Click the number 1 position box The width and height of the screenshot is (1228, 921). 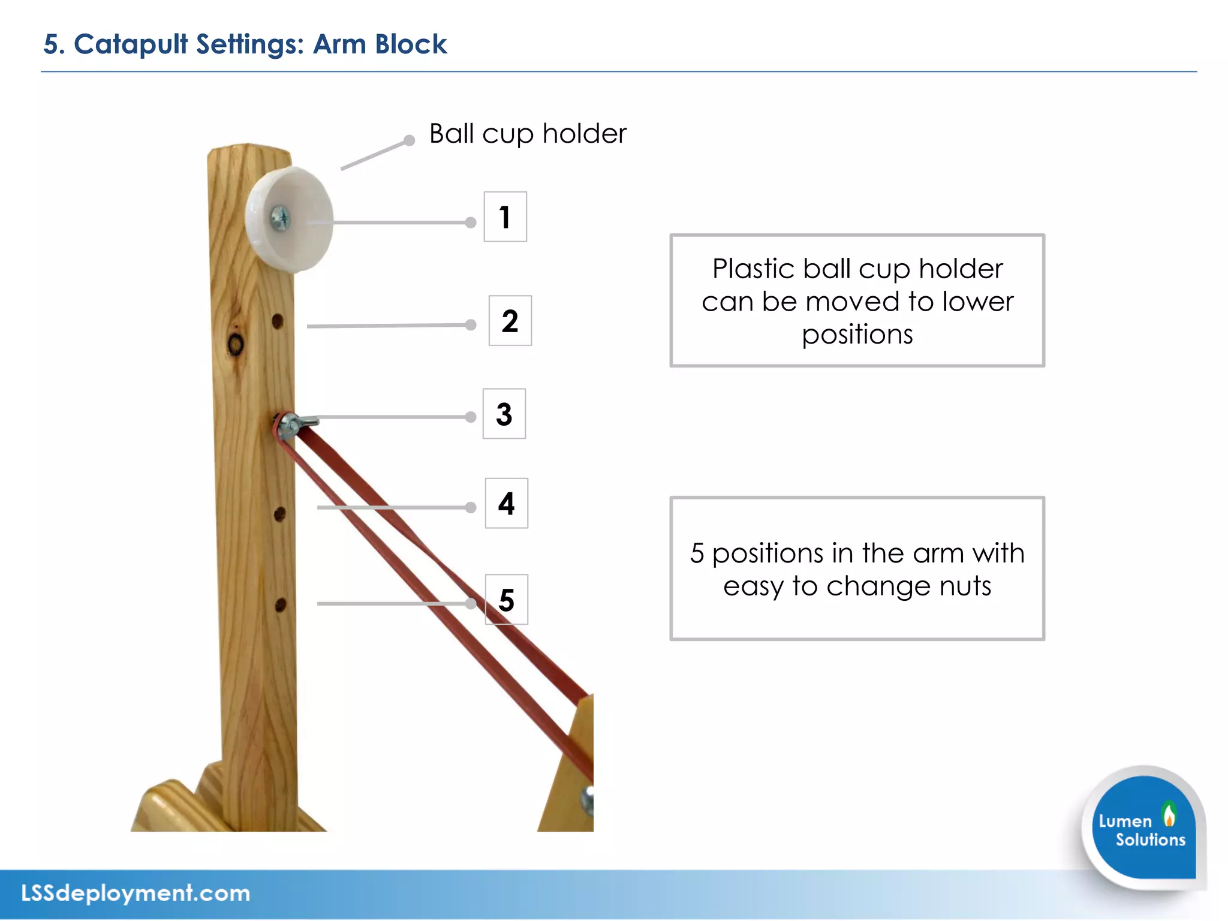click(x=505, y=216)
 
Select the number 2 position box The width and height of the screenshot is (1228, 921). click(x=510, y=321)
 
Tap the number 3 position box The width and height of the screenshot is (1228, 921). click(x=504, y=414)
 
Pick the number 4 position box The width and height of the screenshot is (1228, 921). click(x=506, y=503)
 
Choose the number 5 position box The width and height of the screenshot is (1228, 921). click(x=506, y=600)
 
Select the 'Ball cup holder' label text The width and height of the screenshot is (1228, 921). click(x=528, y=134)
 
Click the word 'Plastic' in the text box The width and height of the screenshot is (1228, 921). click(x=753, y=269)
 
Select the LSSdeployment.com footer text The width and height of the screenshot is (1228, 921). click(x=136, y=893)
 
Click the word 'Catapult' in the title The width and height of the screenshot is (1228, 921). click(x=131, y=44)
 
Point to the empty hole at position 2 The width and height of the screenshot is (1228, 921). click(x=278, y=321)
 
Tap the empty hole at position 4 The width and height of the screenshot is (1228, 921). click(x=279, y=514)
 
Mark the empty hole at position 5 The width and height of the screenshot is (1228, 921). click(x=280, y=604)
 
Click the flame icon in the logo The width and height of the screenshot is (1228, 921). click(x=1169, y=814)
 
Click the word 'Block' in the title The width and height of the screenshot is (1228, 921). click(x=411, y=44)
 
